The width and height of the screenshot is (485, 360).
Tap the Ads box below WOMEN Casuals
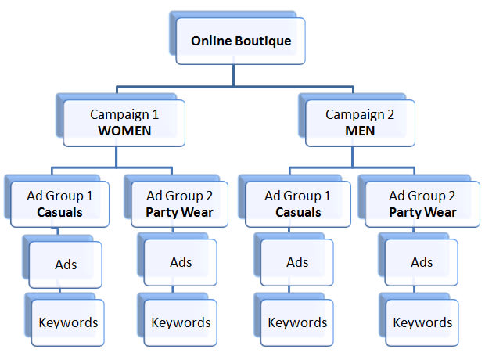[66, 264]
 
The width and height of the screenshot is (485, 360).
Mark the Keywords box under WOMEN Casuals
[68, 322]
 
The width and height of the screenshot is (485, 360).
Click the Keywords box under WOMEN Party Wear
[181, 322]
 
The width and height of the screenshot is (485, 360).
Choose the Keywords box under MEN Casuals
[297, 322]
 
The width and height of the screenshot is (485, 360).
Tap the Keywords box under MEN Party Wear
[422, 322]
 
